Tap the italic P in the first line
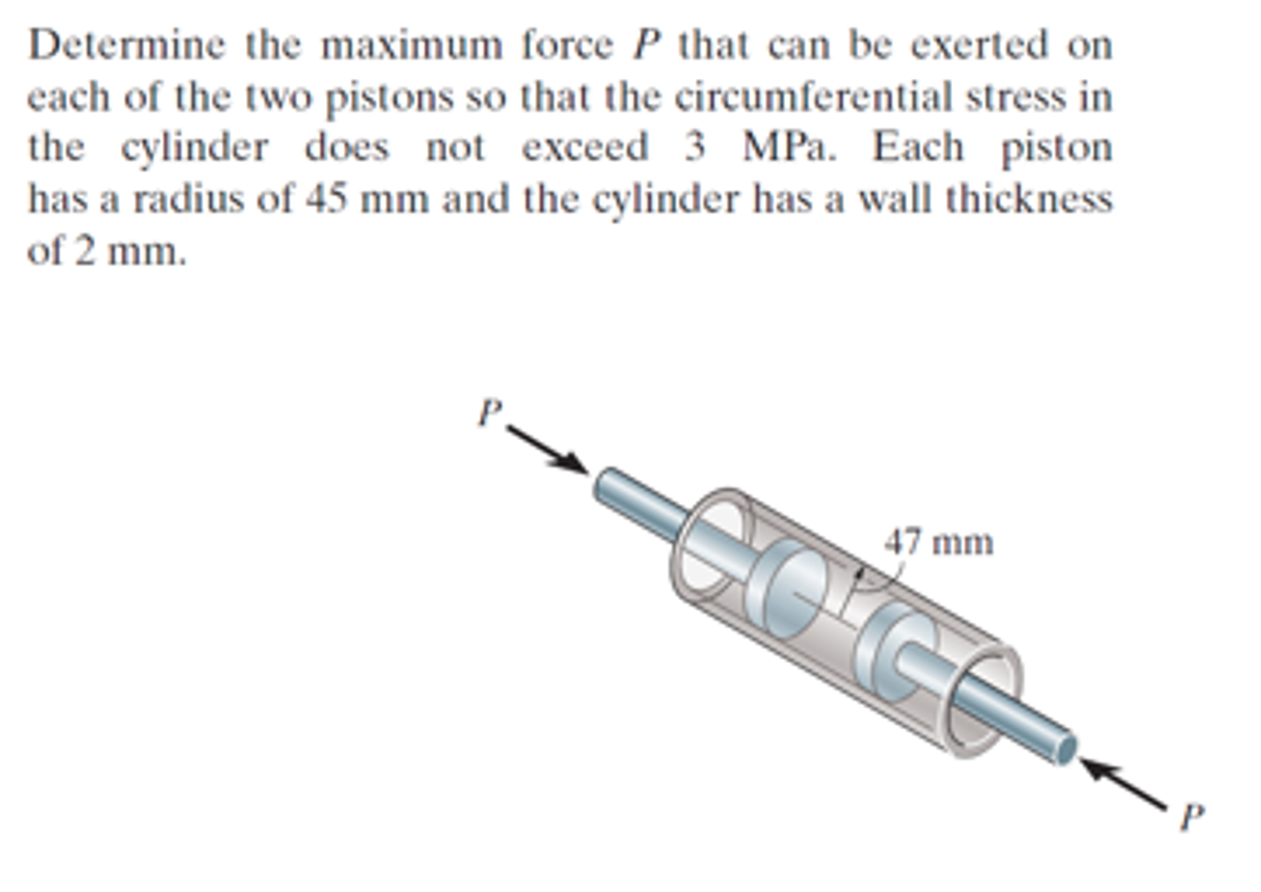[x=646, y=46]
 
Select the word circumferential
[x=814, y=97]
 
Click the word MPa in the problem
[x=790, y=148]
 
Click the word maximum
[x=412, y=46]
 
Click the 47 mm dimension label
[x=939, y=543]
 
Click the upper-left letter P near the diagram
[x=490, y=412]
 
